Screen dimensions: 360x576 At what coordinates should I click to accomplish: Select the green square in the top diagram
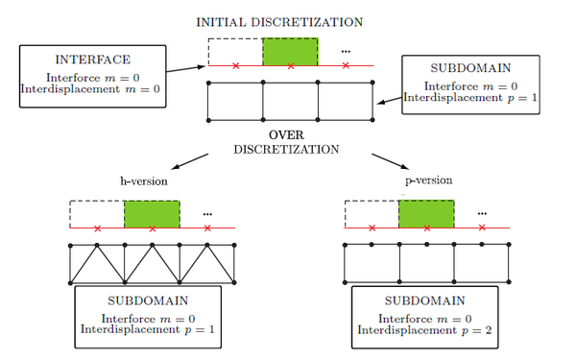pyautogui.click(x=291, y=51)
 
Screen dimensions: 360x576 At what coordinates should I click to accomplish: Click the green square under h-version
pyautogui.click(x=153, y=213)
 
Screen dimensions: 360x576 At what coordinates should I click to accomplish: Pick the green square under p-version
pyautogui.click(x=426, y=213)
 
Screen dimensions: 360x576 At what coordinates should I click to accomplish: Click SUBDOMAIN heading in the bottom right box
pyautogui.click(x=415, y=301)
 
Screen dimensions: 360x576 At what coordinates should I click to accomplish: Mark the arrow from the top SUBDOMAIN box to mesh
pyautogui.click(x=390, y=100)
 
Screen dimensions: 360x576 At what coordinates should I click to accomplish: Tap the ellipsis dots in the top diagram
pyautogui.click(x=345, y=51)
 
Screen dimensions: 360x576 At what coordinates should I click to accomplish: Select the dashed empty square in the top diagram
pyautogui.click(x=235, y=51)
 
